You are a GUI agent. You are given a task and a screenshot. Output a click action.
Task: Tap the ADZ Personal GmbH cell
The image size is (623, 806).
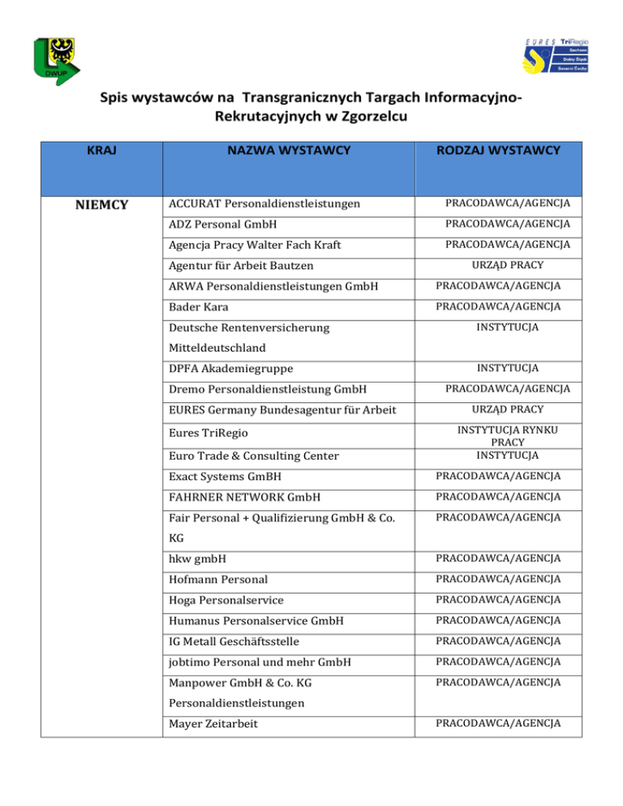point(227,224)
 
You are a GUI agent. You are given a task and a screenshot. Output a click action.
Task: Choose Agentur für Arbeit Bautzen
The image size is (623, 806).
point(240,266)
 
